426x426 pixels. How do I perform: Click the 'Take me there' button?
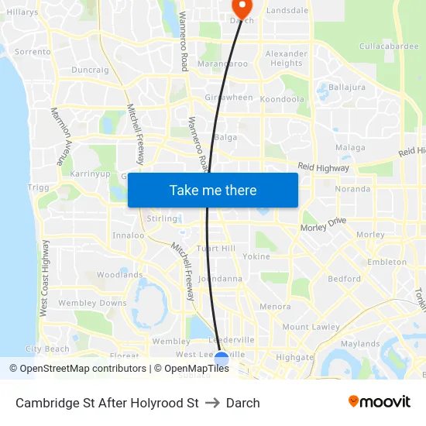coord(213,190)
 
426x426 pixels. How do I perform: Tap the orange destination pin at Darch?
coord(242,8)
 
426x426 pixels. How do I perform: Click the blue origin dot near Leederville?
coord(221,359)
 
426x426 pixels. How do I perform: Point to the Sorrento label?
coord(33,52)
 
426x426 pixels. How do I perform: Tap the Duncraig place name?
coord(90,70)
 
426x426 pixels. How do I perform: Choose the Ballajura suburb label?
coord(347,87)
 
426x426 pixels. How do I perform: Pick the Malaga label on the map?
coord(350,147)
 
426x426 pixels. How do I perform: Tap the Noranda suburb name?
coord(352,189)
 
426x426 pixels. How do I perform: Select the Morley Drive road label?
coord(323,225)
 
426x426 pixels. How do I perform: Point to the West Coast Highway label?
coord(44,277)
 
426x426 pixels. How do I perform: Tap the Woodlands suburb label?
coord(119,275)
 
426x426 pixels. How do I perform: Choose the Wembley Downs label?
coord(92,303)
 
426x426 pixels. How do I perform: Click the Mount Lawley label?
coord(311,327)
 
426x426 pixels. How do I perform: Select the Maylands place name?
coord(360,344)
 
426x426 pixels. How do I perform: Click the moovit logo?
coord(380,401)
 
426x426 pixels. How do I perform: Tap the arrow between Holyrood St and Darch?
coord(212,403)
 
